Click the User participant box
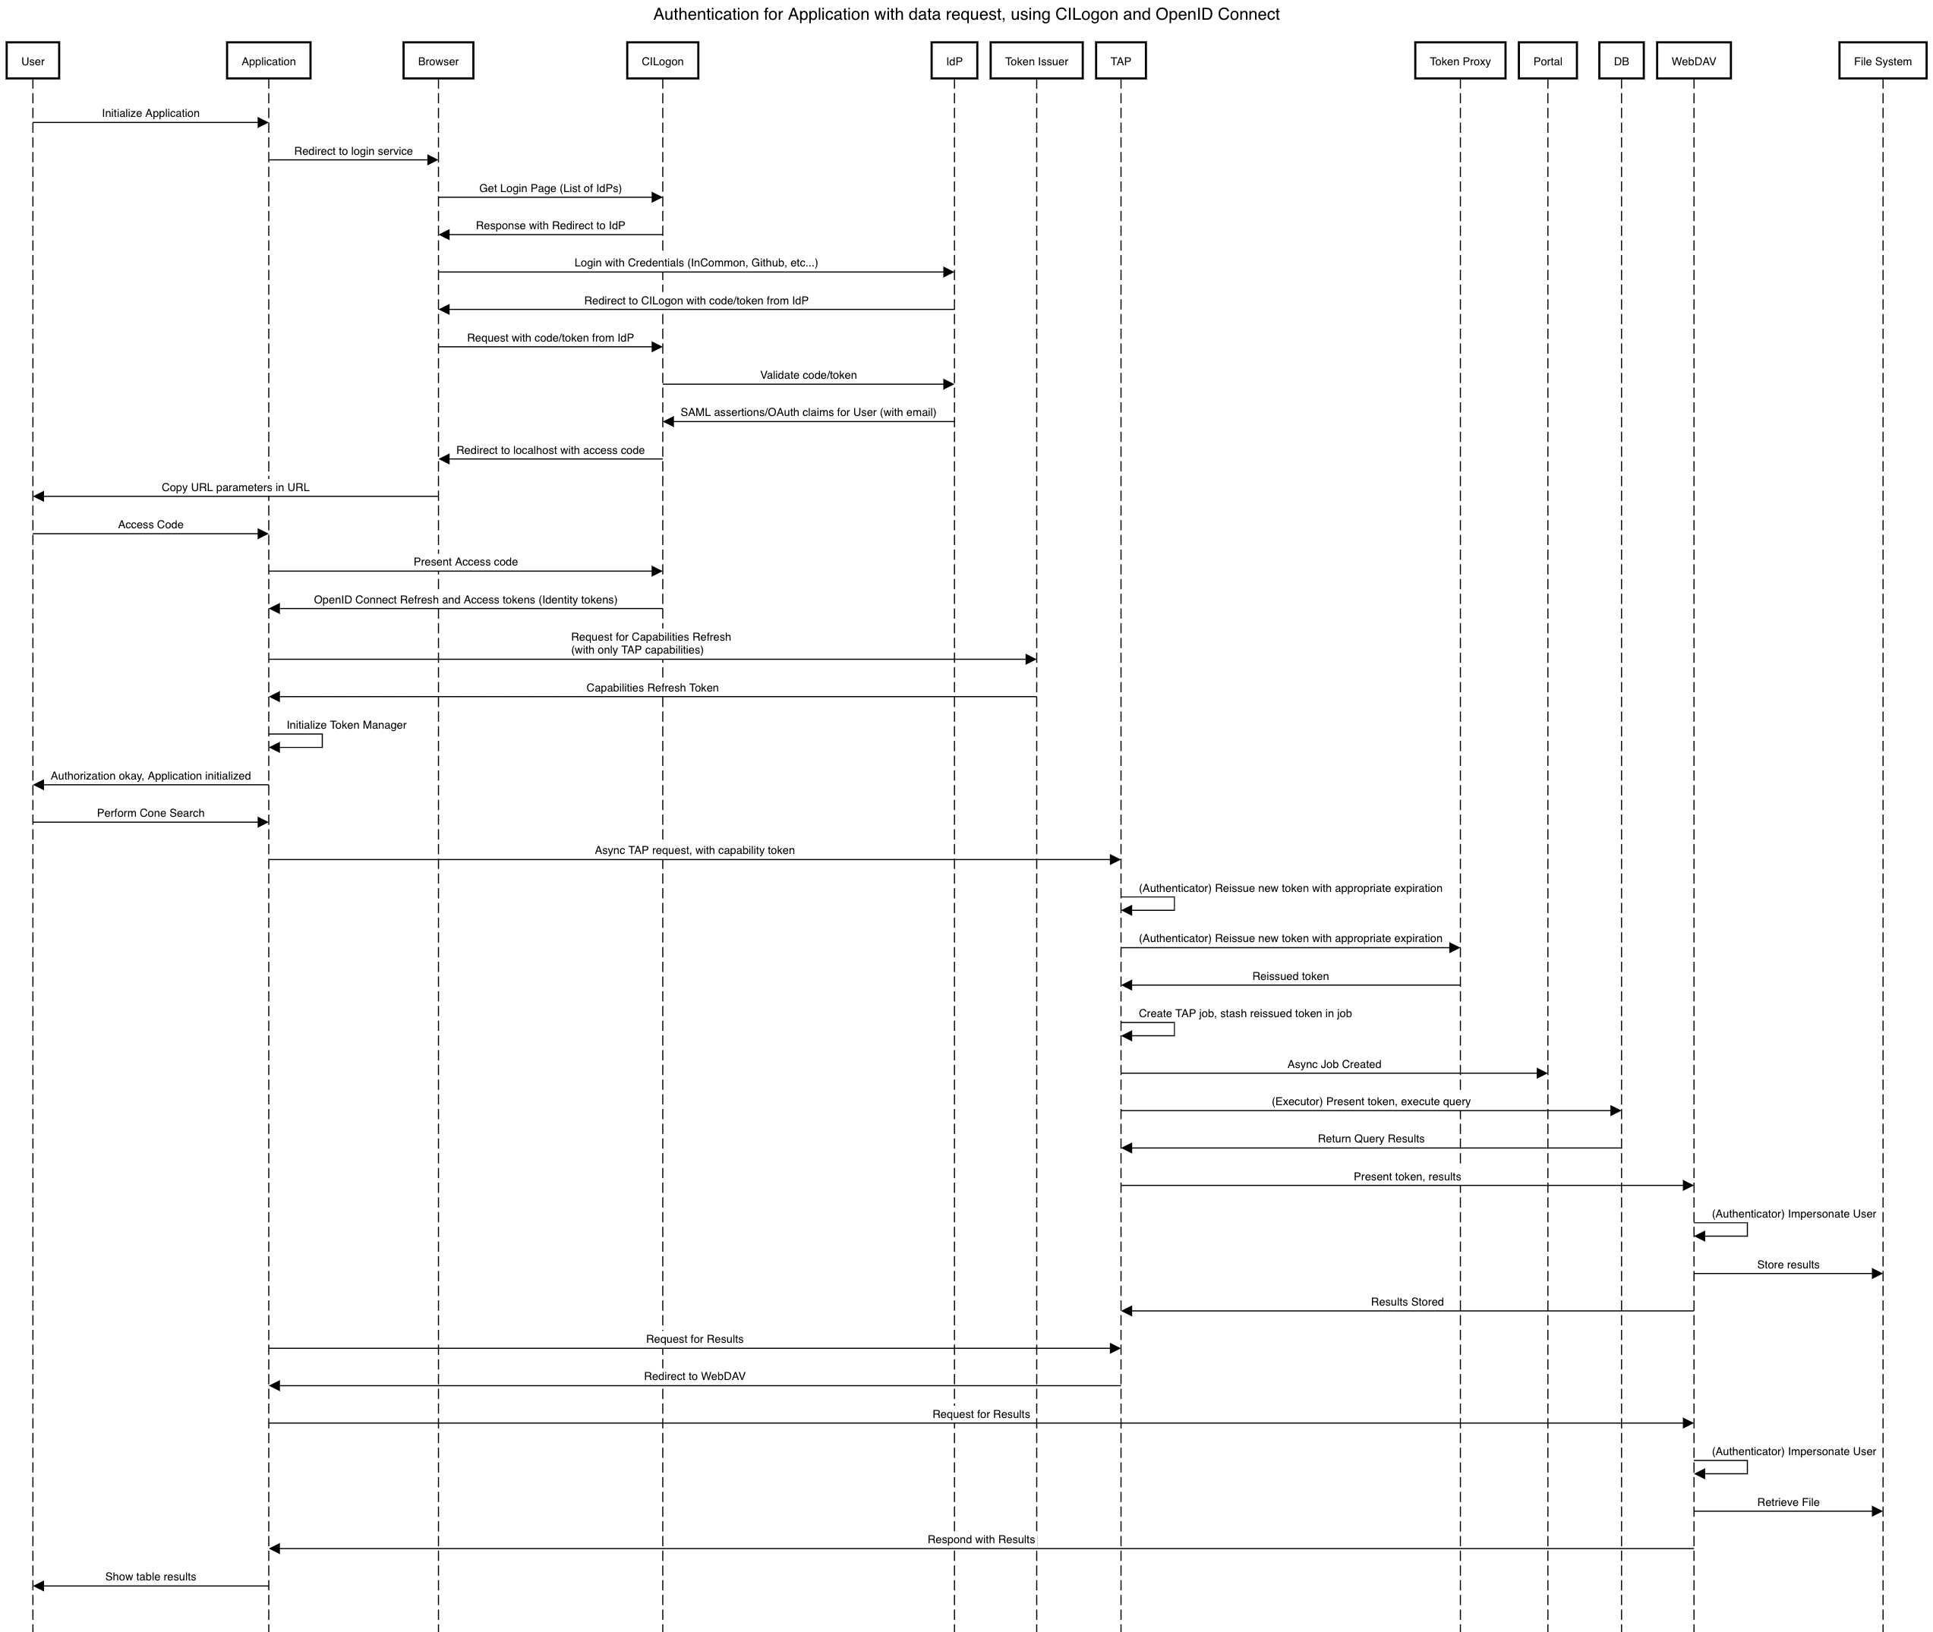pos(33,61)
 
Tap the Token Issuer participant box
pos(1036,61)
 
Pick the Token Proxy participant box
pos(1459,61)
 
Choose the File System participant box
pos(1882,61)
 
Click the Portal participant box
pos(1547,61)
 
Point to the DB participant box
pos(1620,61)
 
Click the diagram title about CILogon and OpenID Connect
pos(966,14)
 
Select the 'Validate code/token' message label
pos(808,375)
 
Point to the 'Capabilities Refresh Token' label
pos(651,688)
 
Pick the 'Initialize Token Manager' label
pos(346,724)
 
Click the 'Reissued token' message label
pos(1290,976)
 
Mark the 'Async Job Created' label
pos(1333,1064)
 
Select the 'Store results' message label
pos(1788,1265)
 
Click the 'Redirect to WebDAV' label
pos(694,1375)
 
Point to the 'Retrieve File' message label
pos(1788,1502)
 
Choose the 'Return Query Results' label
pos(1370,1139)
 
